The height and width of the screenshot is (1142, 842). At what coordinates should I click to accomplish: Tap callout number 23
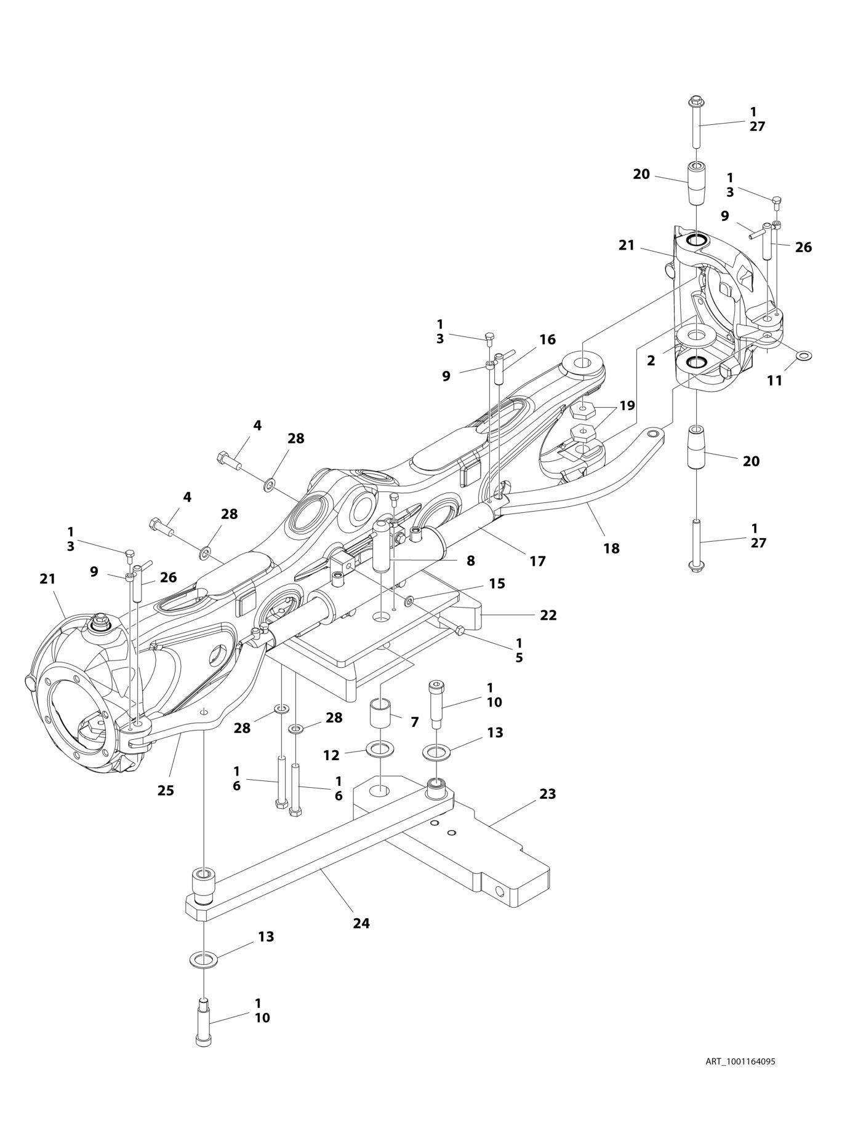click(547, 794)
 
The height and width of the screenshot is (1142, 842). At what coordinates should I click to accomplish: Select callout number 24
click(361, 923)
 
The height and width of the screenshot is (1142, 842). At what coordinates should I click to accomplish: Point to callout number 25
click(166, 790)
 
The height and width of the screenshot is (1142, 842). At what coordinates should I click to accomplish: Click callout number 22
click(548, 615)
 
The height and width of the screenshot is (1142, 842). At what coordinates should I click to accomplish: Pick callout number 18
click(611, 548)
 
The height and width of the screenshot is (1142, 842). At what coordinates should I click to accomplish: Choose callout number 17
click(537, 561)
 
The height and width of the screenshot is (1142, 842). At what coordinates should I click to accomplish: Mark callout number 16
click(547, 339)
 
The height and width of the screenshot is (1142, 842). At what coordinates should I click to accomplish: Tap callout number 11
click(775, 381)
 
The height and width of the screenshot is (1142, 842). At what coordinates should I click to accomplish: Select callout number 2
click(651, 360)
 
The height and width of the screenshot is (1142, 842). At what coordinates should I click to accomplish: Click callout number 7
click(414, 723)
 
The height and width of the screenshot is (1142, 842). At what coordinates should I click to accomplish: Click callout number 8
click(470, 561)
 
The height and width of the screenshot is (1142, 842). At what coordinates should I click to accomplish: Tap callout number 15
click(497, 584)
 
